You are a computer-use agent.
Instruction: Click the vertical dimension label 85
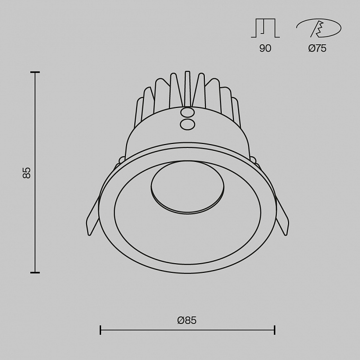click(x=27, y=173)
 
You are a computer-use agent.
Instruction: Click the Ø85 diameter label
click(x=187, y=320)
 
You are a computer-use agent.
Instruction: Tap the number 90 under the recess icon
click(x=265, y=48)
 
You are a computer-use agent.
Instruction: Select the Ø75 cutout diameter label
click(x=317, y=48)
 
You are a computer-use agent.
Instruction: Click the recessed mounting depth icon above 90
click(x=265, y=28)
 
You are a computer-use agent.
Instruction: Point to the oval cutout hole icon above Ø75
click(x=319, y=28)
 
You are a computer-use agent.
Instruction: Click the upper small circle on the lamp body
click(x=187, y=113)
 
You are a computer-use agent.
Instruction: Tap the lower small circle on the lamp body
click(x=187, y=125)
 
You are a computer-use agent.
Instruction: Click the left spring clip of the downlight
click(x=92, y=216)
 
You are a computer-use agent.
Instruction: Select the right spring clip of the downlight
click(x=282, y=216)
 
